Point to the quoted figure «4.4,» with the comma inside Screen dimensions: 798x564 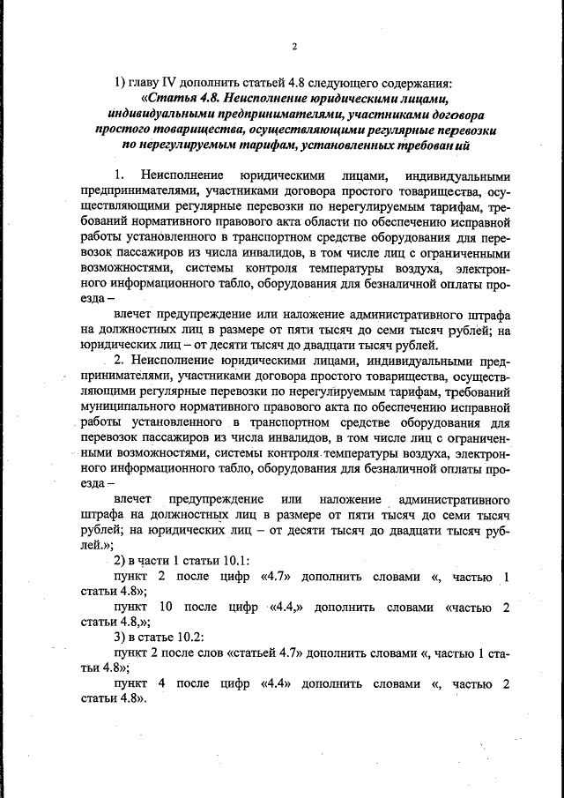click(283, 607)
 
